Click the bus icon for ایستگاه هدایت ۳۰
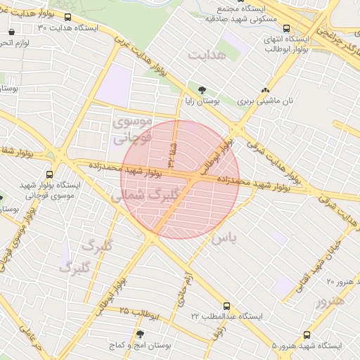pyautogui.click(x=67, y=18)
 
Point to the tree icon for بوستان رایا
pyautogui.click(x=202, y=90)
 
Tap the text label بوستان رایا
pyautogui.click(x=203, y=101)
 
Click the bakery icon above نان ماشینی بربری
pyautogui.click(x=266, y=90)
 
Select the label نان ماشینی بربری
pyautogui.click(x=266, y=101)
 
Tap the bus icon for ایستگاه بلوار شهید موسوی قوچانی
pyautogui.click(x=49, y=174)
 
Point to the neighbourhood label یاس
pyautogui.click(x=224, y=238)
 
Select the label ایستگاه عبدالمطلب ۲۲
pyautogui.click(x=226, y=317)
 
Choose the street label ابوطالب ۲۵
pyautogui.click(x=141, y=311)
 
